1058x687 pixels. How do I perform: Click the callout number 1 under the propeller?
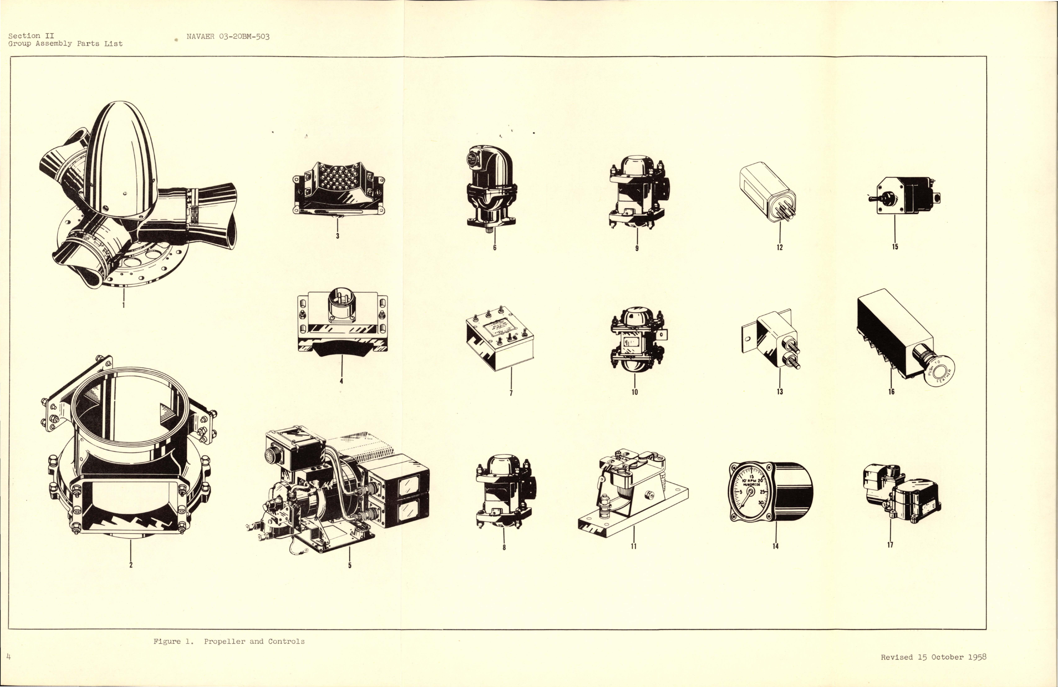coord(123,305)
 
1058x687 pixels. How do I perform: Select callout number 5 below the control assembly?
coord(350,565)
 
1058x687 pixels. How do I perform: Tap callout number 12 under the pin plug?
coord(780,247)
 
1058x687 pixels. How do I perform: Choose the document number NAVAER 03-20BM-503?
coord(228,37)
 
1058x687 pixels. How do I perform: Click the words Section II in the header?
coord(31,36)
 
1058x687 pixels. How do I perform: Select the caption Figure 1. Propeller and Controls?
coord(229,641)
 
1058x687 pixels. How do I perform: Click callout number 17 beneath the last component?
coord(890,545)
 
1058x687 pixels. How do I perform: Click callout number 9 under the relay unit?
coord(636,248)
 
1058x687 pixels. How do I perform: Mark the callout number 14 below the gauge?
coord(775,546)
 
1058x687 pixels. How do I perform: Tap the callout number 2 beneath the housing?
coord(131,565)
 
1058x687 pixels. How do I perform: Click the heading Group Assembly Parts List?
coord(66,44)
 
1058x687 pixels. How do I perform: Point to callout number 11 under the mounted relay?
coord(634,546)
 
